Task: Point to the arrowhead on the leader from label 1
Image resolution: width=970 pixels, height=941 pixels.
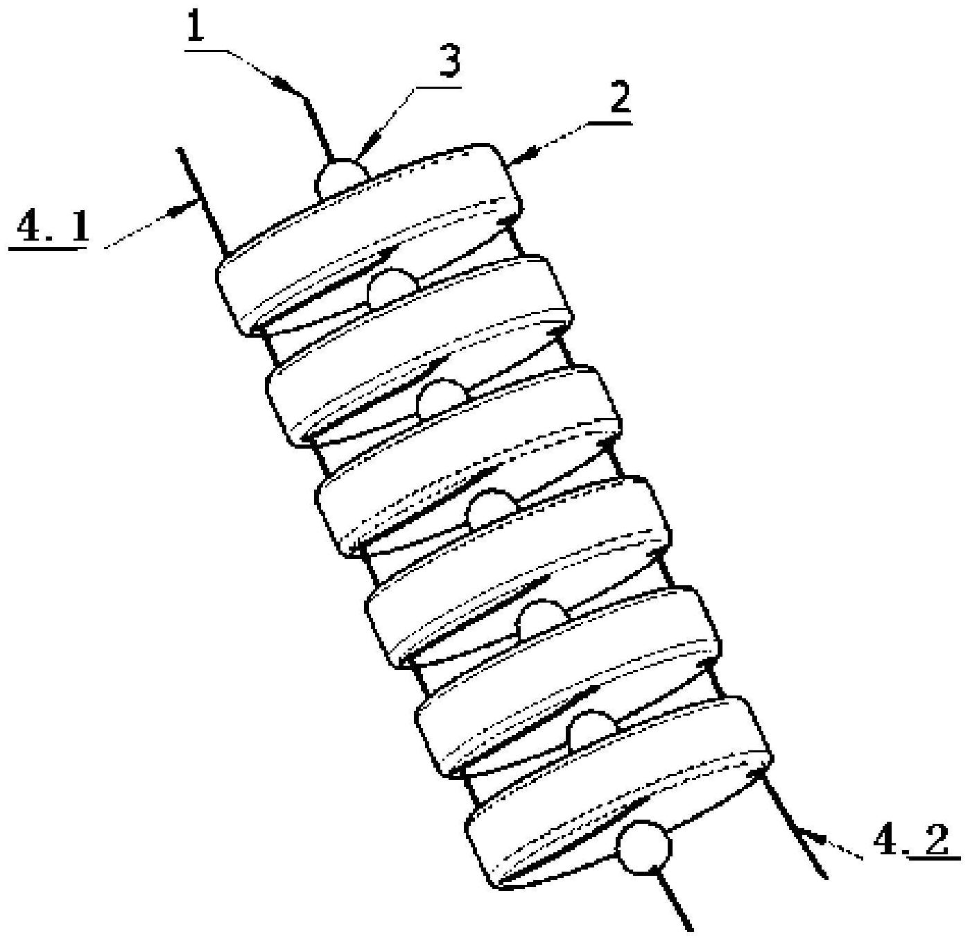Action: coord(284,84)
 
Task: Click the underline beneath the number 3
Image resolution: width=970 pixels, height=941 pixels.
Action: coord(438,87)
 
